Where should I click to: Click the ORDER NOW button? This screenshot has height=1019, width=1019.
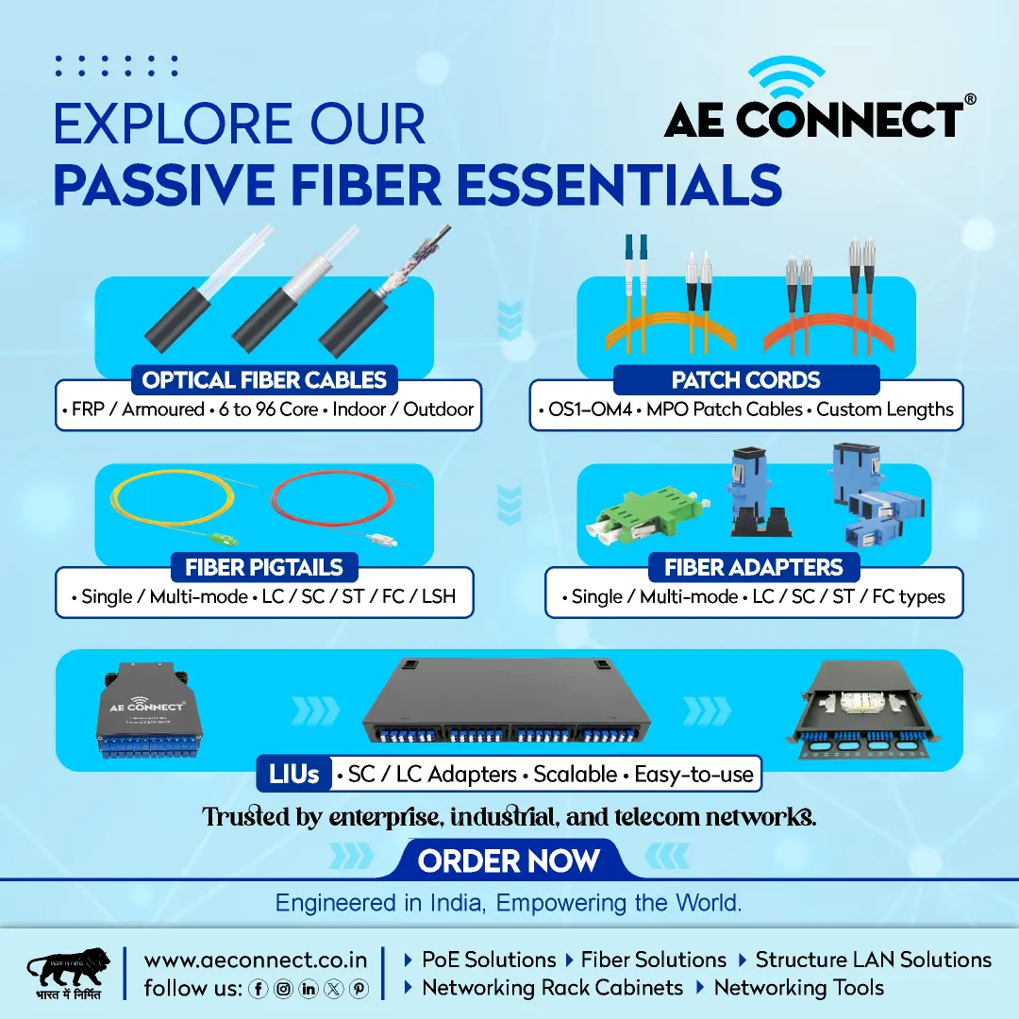[509, 860]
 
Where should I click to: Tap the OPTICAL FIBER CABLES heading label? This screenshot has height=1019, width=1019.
[264, 379]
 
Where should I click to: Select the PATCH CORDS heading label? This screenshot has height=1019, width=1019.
[746, 379]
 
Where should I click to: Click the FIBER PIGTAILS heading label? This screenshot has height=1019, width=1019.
[264, 567]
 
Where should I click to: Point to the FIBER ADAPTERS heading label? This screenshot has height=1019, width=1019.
[753, 567]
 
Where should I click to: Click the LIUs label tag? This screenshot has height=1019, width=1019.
[294, 774]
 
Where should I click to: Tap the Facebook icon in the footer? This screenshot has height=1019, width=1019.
[258, 989]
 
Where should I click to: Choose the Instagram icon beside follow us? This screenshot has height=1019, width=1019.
[283, 989]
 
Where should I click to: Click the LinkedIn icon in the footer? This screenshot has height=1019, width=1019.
[308, 989]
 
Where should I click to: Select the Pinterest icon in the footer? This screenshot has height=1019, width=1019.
[359, 989]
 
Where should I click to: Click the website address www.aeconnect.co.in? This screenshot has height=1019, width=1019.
[256, 960]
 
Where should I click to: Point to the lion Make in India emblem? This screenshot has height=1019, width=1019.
[68, 973]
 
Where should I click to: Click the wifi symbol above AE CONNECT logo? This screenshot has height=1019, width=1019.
[786, 77]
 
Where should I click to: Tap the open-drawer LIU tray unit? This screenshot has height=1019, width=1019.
[865, 710]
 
